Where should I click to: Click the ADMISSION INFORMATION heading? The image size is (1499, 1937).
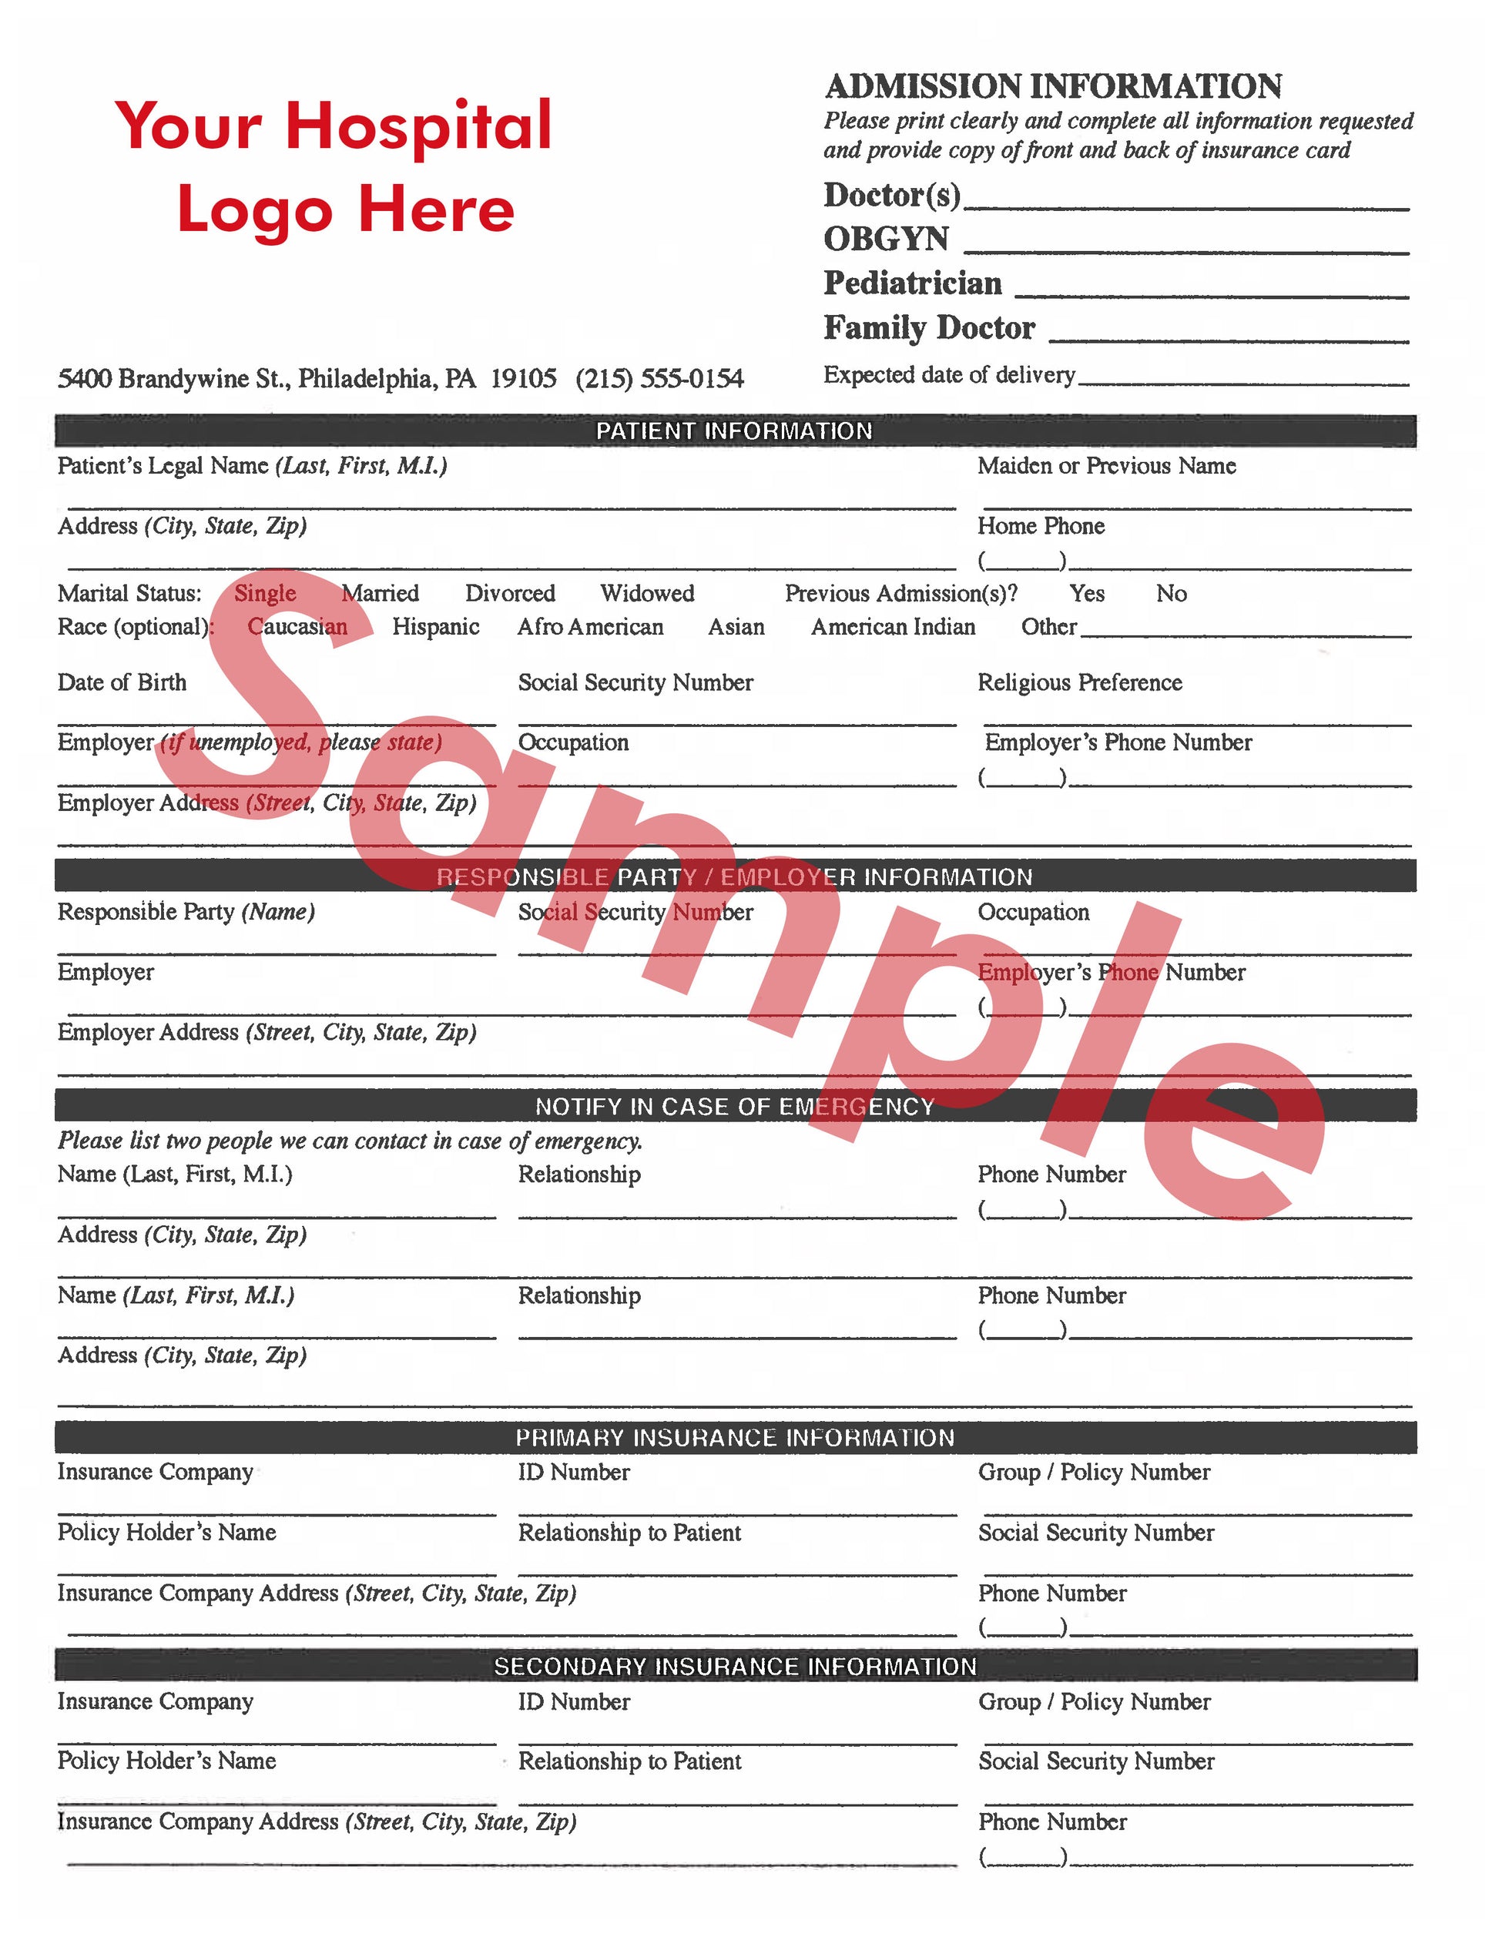(x=1053, y=87)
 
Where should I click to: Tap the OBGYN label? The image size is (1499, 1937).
(x=886, y=239)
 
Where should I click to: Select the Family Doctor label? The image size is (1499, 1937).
(x=929, y=328)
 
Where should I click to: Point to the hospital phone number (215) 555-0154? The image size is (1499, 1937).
(x=659, y=379)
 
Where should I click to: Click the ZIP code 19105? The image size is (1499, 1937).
(x=523, y=379)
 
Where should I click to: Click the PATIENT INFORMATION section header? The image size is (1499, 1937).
(x=734, y=431)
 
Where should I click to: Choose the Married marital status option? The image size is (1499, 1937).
(x=380, y=593)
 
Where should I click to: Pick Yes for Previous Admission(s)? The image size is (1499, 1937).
(x=1087, y=593)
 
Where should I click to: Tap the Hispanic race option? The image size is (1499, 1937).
(x=435, y=627)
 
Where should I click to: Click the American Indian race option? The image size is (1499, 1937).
(x=892, y=627)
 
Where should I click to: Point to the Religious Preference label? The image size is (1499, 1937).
(x=1079, y=682)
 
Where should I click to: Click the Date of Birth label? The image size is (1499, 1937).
(x=122, y=682)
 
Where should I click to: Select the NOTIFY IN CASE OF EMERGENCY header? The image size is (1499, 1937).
(x=734, y=1106)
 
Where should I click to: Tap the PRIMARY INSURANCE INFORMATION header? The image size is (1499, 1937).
(x=734, y=1438)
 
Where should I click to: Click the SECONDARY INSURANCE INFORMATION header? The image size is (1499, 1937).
(x=734, y=1667)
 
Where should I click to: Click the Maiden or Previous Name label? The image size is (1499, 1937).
(x=1106, y=466)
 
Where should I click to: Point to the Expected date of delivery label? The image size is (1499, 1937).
(x=949, y=375)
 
